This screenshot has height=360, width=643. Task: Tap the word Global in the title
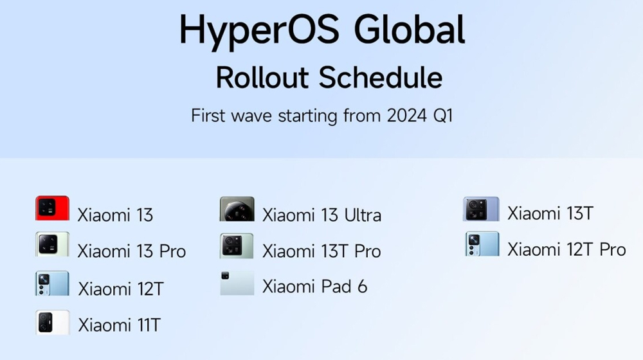pyautogui.click(x=409, y=29)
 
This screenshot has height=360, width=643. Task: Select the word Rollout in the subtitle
pyautogui.click(x=262, y=78)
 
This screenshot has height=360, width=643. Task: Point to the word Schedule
pyautogui.click(x=381, y=78)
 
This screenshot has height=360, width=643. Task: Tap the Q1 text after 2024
pyautogui.click(x=443, y=116)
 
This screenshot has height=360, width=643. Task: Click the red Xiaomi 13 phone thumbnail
pyautogui.click(x=52, y=208)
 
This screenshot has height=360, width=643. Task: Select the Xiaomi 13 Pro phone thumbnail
pyautogui.click(x=52, y=244)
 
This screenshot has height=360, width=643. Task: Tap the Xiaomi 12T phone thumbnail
pyautogui.click(x=52, y=283)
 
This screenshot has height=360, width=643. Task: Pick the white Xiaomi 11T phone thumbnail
pyautogui.click(x=52, y=323)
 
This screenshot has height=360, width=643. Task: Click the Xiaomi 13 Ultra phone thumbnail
pyautogui.click(x=237, y=209)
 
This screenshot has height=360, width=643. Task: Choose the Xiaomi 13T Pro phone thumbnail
pyautogui.click(x=237, y=246)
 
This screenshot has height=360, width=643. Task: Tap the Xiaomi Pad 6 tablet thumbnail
pyautogui.click(x=237, y=283)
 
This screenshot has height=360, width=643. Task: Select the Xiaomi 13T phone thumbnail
pyautogui.click(x=481, y=209)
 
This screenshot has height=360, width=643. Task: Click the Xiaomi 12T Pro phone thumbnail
pyautogui.click(x=482, y=244)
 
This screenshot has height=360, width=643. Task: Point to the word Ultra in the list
pyautogui.click(x=363, y=215)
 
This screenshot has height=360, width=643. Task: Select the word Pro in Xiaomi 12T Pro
pyautogui.click(x=613, y=249)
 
